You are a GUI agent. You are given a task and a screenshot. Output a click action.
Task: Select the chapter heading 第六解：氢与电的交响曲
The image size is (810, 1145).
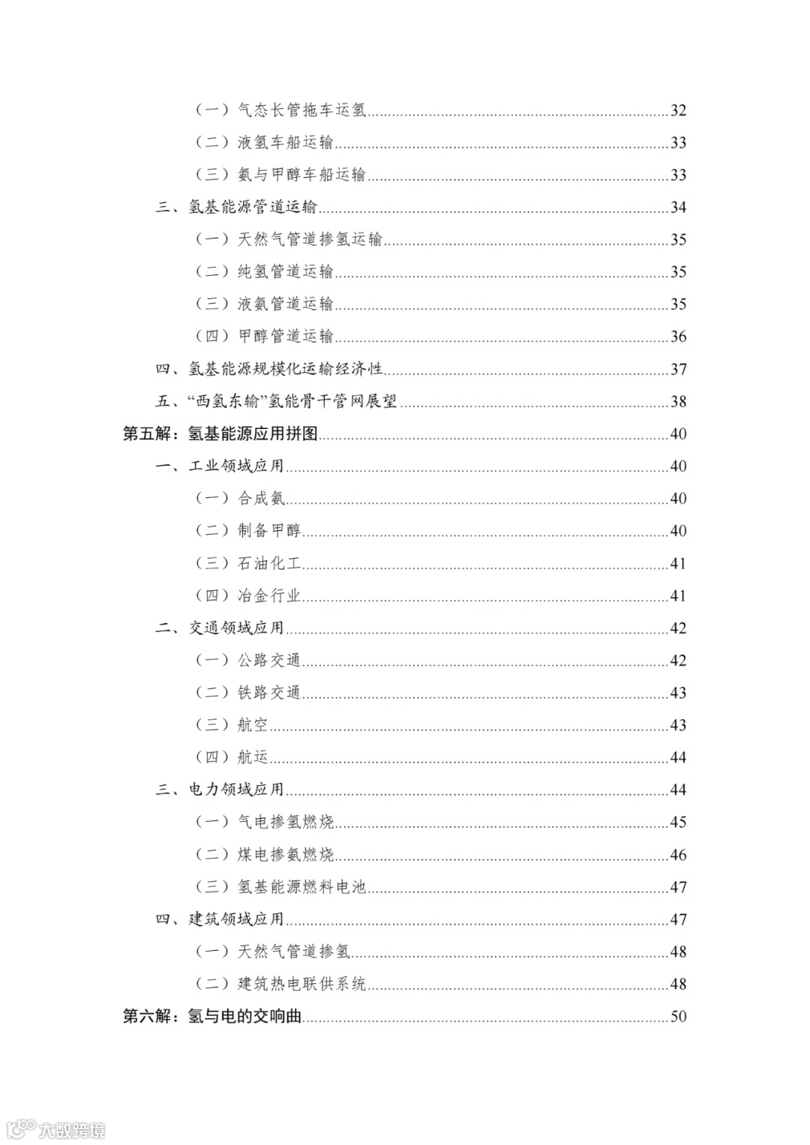pyautogui.click(x=212, y=1016)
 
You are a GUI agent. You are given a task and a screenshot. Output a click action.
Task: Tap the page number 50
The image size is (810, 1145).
pyautogui.click(x=678, y=1016)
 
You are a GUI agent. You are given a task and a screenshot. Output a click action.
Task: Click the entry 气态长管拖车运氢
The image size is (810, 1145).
pyautogui.click(x=301, y=110)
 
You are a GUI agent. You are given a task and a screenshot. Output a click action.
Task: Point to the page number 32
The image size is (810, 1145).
pyautogui.click(x=678, y=110)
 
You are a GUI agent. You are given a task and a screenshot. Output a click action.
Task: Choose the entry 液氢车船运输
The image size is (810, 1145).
pyautogui.click(x=285, y=142)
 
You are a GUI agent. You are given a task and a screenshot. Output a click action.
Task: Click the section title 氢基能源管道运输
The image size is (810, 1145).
pyautogui.click(x=253, y=207)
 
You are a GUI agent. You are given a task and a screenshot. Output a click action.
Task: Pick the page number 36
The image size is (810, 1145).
pyautogui.click(x=678, y=336)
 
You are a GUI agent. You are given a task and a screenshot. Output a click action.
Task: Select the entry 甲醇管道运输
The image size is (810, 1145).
pyautogui.click(x=285, y=336)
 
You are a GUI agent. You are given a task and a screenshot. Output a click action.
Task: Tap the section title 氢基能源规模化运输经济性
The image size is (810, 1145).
pyautogui.click(x=285, y=369)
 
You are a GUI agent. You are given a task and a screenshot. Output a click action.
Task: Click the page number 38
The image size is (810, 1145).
pyautogui.click(x=678, y=401)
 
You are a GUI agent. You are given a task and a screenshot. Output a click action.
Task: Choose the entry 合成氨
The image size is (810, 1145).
pyautogui.click(x=261, y=498)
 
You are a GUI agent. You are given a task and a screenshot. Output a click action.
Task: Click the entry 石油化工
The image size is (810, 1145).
pyautogui.click(x=269, y=563)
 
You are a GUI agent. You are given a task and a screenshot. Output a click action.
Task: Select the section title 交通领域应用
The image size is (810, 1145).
pyautogui.click(x=236, y=628)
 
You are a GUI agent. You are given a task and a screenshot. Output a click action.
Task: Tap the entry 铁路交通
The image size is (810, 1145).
pyautogui.click(x=269, y=692)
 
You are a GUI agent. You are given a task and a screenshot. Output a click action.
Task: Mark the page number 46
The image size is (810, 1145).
pyautogui.click(x=678, y=854)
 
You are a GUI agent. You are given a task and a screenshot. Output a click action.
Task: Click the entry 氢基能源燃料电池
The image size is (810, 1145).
pyautogui.click(x=301, y=886)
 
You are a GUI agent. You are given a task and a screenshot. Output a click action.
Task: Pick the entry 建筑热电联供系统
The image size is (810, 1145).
pyautogui.click(x=301, y=984)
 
